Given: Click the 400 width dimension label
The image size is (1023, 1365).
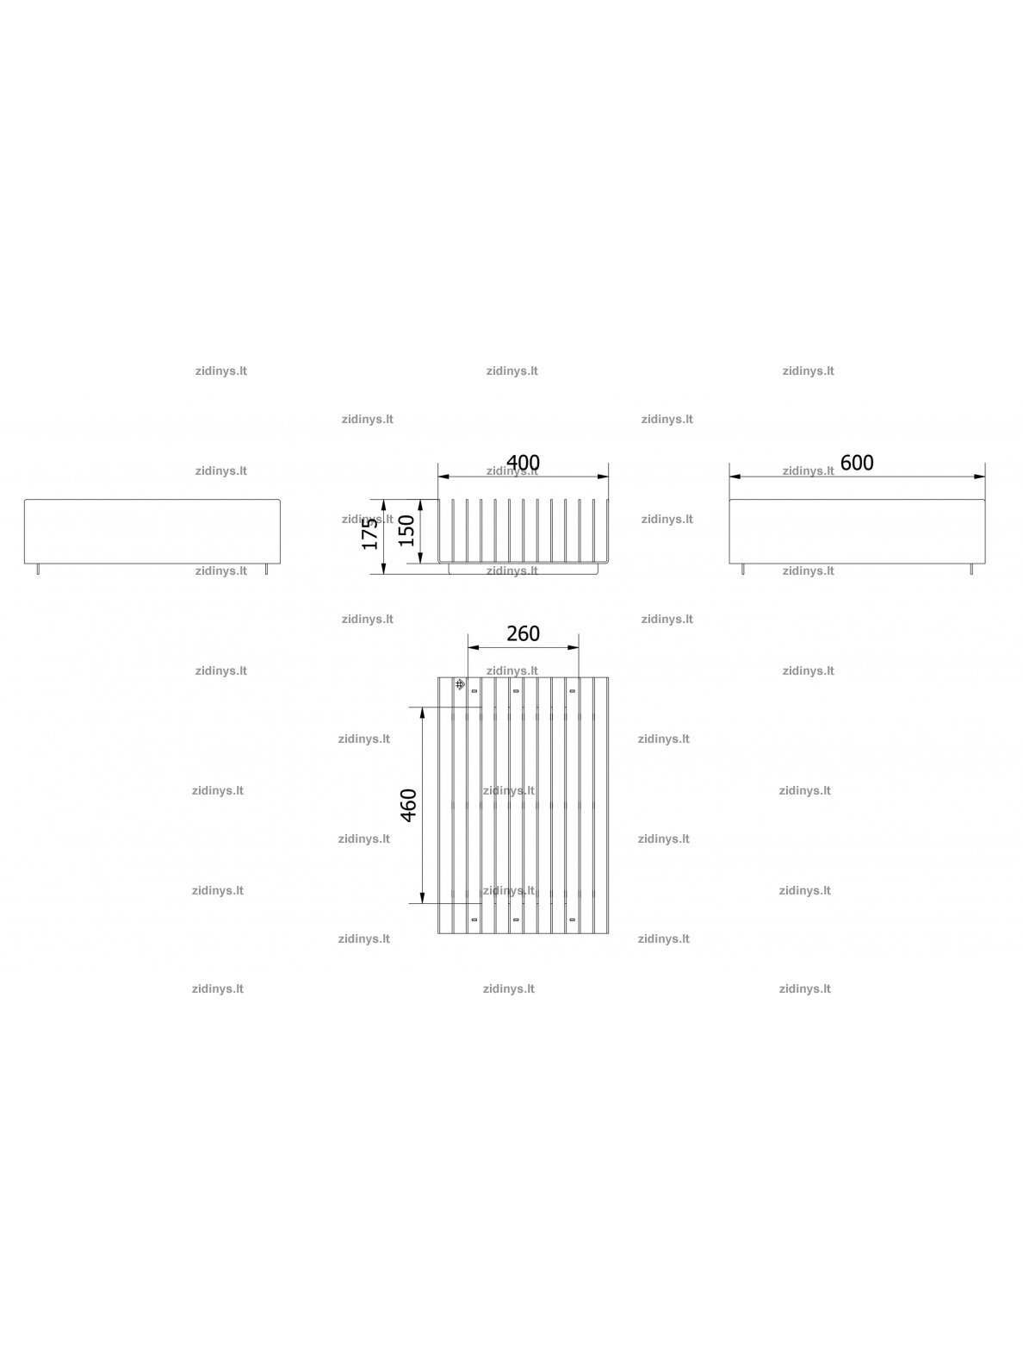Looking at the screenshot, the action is (x=523, y=463).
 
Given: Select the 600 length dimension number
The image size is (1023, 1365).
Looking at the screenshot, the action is (x=857, y=463).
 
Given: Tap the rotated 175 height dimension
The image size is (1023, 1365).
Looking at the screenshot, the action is (x=370, y=533).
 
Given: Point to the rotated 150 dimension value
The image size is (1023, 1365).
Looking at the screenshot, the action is (x=406, y=531).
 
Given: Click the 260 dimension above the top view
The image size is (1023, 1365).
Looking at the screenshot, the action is (x=523, y=633).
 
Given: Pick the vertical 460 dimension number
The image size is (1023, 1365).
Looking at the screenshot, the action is (x=409, y=806).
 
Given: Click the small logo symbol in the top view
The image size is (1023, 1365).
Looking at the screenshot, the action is (x=460, y=685).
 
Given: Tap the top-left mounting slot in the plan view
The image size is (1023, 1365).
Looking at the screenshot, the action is (x=474, y=691).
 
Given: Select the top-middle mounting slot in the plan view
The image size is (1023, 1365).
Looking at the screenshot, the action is (x=516, y=691).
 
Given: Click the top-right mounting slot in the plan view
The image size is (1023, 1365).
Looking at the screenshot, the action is (x=572, y=691).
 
